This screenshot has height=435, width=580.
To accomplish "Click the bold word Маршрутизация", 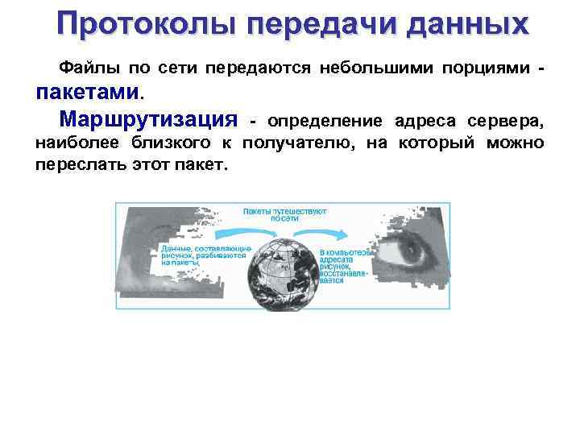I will [150, 120].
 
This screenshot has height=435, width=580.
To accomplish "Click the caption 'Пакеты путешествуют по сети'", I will [284, 214].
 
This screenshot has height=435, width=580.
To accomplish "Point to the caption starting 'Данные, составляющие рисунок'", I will [205, 255].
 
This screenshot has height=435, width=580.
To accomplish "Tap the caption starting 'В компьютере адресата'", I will [346, 265].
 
